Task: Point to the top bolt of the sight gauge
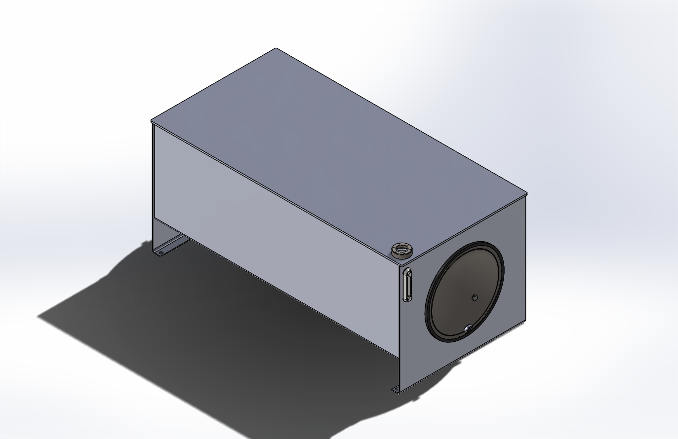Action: click(x=408, y=272)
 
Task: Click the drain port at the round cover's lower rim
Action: click(x=467, y=327)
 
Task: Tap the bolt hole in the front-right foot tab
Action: click(x=396, y=389)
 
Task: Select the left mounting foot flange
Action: click(x=170, y=246)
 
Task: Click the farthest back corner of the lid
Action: click(x=276, y=49)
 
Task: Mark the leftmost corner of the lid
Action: click(x=151, y=121)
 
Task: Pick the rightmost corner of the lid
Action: click(x=527, y=193)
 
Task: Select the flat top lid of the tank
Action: click(x=336, y=148)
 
